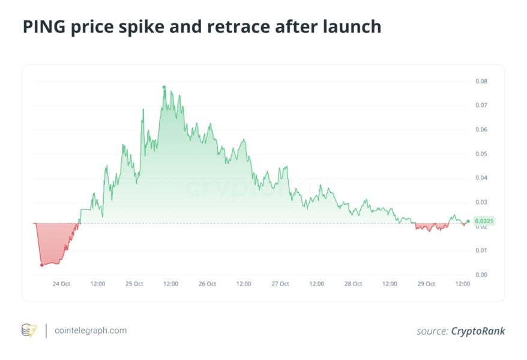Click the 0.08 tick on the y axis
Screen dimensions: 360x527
point(481,81)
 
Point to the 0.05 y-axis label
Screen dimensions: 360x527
point(481,154)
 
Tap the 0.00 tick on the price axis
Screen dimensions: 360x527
point(481,275)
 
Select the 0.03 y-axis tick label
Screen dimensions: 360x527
point(481,202)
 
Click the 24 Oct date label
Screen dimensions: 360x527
point(61,284)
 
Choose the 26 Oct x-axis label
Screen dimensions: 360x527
point(207,284)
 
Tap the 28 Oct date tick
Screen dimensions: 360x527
point(353,284)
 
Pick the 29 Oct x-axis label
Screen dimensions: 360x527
point(426,284)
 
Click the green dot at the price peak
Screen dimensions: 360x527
point(164,87)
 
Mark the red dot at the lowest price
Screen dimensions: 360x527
point(41,265)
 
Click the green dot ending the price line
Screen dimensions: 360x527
point(468,221)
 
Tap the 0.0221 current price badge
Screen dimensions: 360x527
point(484,221)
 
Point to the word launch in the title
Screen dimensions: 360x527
point(352,27)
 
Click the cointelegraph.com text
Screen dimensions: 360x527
point(91,330)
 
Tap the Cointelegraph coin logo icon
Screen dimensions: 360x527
point(29,330)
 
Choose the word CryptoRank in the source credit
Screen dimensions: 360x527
point(478,331)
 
